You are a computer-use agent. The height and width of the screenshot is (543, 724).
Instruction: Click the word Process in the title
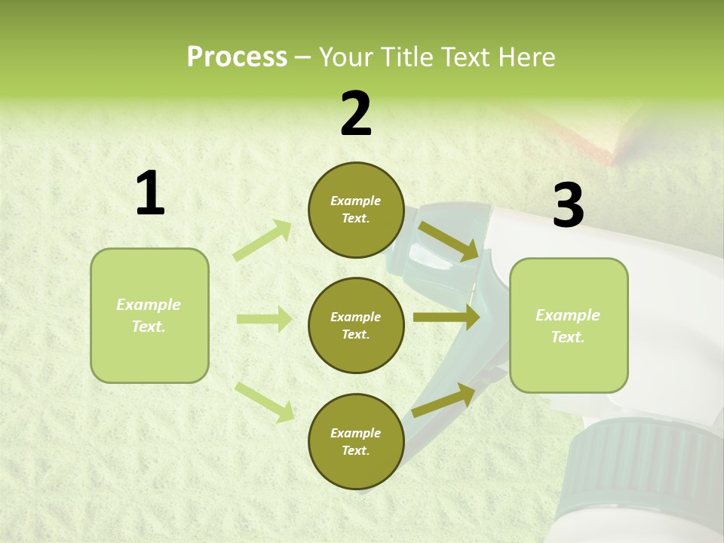[237, 57]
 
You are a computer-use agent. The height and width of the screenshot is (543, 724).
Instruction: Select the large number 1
[149, 194]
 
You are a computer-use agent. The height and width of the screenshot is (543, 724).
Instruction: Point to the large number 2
[356, 115]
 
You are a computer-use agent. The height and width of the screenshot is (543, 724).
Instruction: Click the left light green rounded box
[149, 315]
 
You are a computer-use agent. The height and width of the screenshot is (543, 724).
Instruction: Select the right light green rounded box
[569, 326]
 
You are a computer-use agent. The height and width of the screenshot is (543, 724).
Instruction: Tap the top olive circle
[356, 210]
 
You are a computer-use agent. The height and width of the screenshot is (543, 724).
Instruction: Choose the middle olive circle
[356, 325]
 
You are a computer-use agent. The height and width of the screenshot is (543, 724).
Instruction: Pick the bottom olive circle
[356, 441]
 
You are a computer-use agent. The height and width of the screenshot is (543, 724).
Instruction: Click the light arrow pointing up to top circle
[262, 241]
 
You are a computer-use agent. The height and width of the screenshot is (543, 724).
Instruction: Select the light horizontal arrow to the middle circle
[264, 319]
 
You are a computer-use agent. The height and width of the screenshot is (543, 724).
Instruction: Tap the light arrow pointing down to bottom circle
[264, 401]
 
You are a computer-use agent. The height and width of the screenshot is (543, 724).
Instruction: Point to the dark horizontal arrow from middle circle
[446, 318]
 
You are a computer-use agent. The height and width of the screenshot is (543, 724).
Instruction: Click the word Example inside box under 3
[567, 315]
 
